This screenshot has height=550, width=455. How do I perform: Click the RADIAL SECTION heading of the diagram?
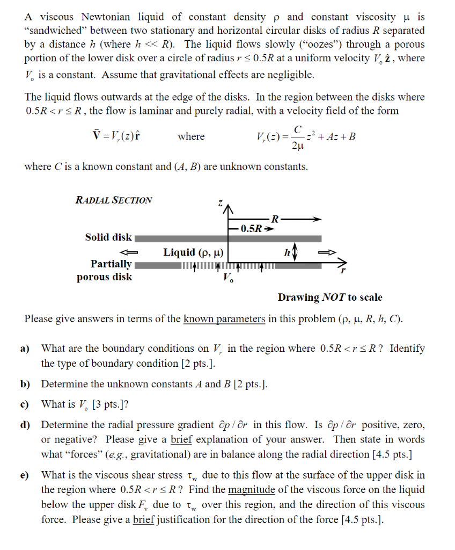pyautogui.click(x=114, y=200)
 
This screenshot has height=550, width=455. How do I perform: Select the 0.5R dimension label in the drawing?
pyautogui.click(x=251, y=228)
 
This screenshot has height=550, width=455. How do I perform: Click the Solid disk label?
pyautogui.click(x=108, y=237)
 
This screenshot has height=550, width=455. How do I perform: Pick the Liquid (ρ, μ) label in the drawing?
pyautogui.click(x=194, y=252)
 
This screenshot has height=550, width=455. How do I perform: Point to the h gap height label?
pyautogui.click(x=288, y=252)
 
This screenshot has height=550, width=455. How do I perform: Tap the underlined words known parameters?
pyautogui.click(x=224, y=319)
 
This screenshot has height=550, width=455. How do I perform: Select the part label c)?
pyautogui.click(x=25, y=404)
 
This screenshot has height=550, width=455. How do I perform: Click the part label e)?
pyautogui.click(x=25, y=475)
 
